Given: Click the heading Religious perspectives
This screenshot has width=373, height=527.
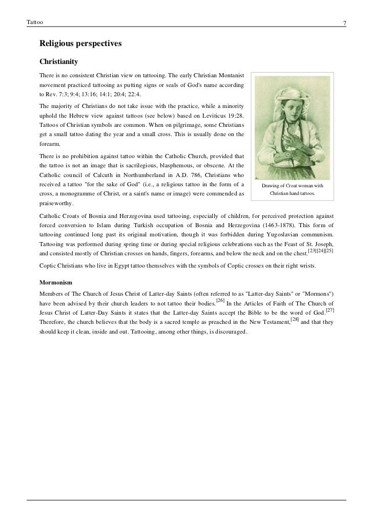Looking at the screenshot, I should coord(80,44).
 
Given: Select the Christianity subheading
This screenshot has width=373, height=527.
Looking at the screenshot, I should coord(58,62).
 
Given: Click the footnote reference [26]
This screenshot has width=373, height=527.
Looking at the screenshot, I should coord(220,300).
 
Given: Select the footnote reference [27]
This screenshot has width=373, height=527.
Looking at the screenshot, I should coord(330,310).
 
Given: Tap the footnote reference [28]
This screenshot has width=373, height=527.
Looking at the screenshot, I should coord(294,320).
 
